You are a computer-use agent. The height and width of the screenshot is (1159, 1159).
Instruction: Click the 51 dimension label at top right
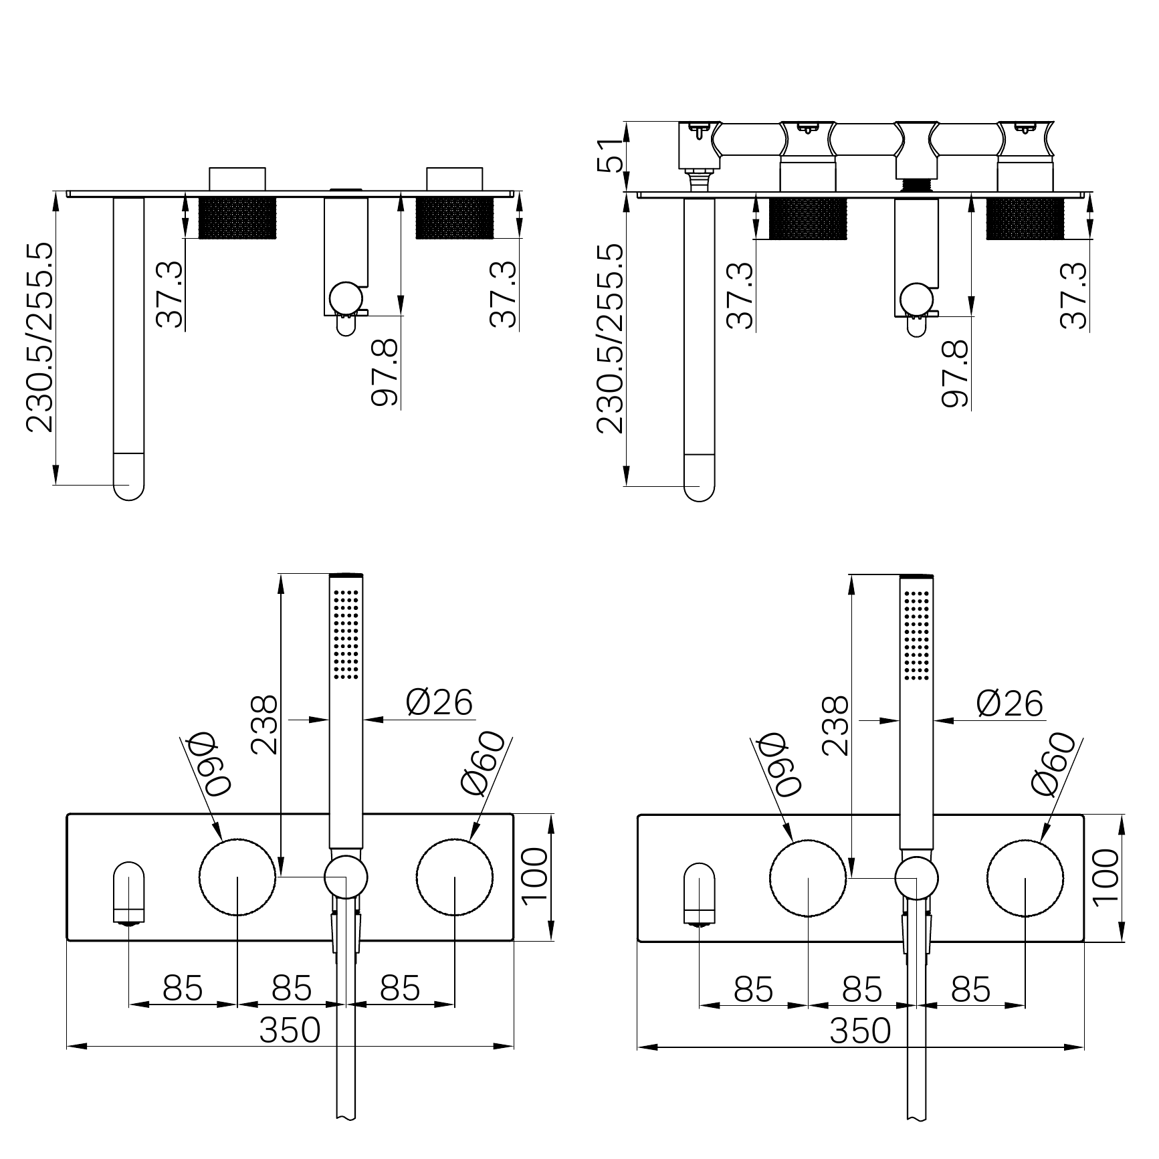pos(609,156)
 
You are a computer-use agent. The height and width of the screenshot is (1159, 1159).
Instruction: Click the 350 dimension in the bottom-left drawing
pos(290,1030)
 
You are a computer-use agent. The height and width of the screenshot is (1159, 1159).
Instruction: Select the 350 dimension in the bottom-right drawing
pos(860,1031)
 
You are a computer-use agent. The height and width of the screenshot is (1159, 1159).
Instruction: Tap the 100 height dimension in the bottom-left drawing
pos(535,877)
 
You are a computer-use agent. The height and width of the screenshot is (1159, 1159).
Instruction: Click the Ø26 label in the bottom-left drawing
pos(439,702)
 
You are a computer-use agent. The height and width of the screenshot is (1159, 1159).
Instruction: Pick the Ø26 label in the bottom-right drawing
pos(1010,703)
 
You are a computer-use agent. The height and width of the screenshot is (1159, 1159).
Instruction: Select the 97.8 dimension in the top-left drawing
pos(385,372)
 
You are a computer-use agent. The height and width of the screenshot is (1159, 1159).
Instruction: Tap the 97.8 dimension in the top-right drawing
pos(956,373)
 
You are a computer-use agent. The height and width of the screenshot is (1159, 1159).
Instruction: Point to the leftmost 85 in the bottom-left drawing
pos(183,988)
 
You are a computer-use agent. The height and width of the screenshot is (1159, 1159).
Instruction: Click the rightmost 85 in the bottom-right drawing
pos(970,988)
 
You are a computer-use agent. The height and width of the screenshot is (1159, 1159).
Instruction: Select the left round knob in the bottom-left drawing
pos(237,876)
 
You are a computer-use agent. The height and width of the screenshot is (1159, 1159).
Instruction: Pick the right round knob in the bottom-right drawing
pos(1025,877)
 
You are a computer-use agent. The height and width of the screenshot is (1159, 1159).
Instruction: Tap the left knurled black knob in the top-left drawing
pos(238,217)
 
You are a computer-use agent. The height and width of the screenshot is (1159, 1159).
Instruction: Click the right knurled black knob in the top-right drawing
pos(1025,218)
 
